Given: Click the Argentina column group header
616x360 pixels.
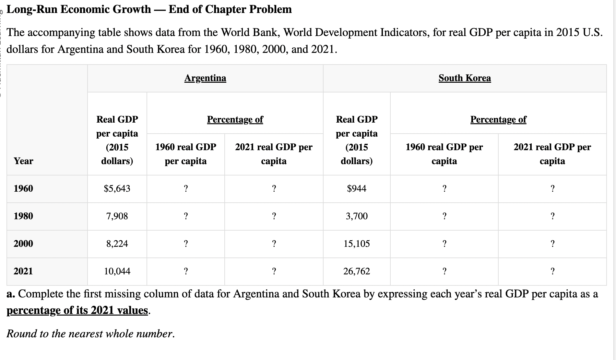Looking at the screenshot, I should click(205, 78).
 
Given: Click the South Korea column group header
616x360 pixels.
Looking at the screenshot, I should click(465, 78).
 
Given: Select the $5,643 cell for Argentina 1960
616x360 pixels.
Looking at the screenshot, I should click(117, 188).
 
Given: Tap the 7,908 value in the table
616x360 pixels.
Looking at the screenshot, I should click(117, 216).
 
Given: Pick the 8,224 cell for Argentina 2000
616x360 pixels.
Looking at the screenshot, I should click(117, 244).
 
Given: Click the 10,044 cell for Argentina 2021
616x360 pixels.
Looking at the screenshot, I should click(117, 271).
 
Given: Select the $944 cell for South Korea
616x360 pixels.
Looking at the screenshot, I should click(357, 188).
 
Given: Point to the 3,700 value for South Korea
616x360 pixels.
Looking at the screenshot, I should click(357, 216).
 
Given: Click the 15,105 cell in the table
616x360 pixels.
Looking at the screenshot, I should click(357, 244).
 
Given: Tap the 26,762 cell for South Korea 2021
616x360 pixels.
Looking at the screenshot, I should click(357, 271).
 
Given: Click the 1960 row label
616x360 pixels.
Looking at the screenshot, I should click(23, 188).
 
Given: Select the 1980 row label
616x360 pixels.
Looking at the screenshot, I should click(23, 216).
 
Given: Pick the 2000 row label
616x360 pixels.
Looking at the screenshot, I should click(23, 244).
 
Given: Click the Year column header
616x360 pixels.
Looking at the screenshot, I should click(23, 161).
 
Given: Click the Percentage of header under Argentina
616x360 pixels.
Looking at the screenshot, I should click(235, 120).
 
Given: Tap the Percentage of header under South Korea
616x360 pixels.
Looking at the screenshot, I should click(498, 120).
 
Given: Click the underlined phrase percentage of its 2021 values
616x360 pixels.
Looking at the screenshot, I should click(78, 310).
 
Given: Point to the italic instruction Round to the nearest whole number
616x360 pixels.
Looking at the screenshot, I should click(91, 334).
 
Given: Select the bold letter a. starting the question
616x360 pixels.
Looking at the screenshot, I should click(11, 294).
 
